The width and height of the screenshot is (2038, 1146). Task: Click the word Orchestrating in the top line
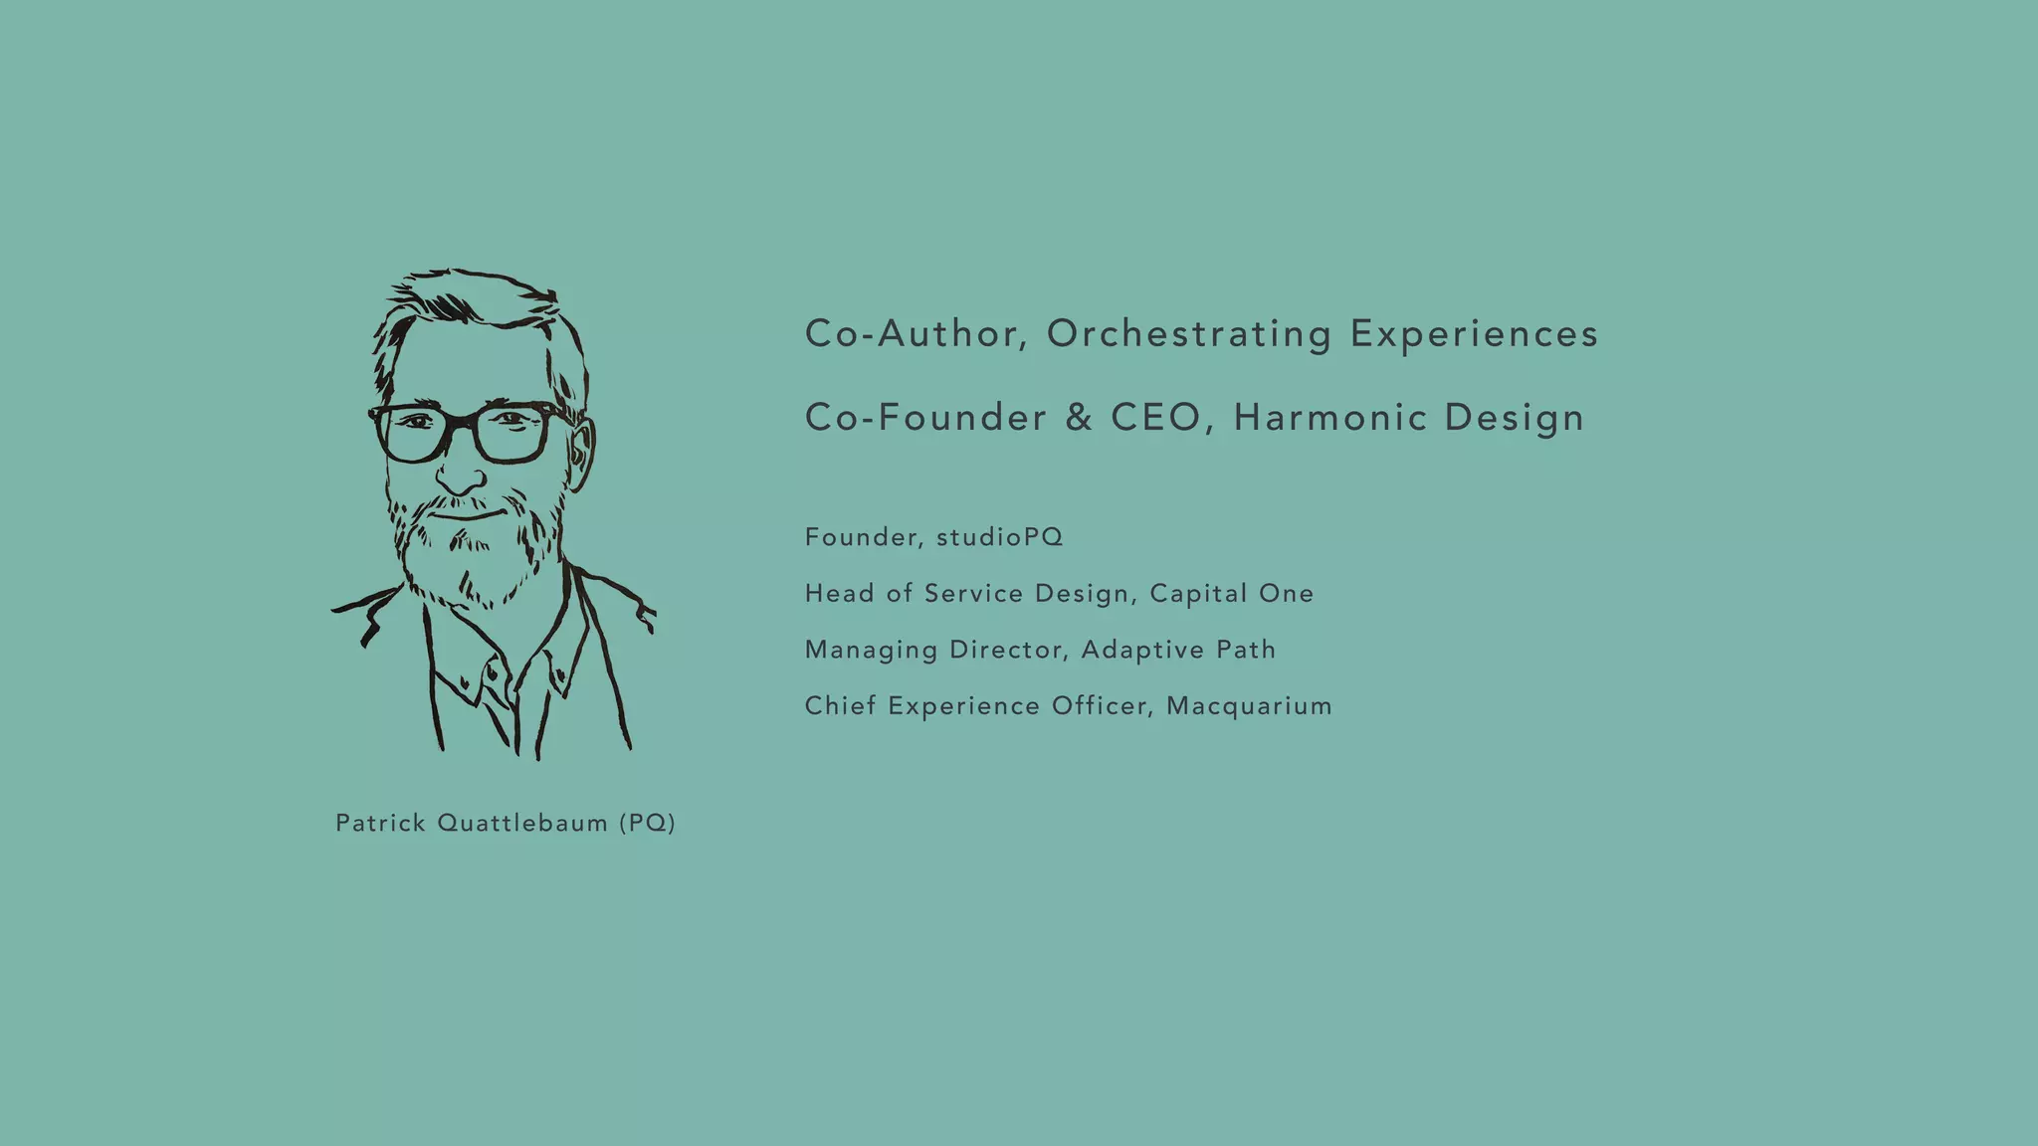coord(1189,334)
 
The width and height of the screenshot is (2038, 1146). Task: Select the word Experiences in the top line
coord(1474,334)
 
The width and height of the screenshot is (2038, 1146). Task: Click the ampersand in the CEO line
coord(1079,418)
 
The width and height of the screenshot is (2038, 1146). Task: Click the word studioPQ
coord(999,538)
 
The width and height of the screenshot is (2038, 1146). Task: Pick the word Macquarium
coord(1249,706)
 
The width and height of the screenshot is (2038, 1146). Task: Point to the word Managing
coord(871,651)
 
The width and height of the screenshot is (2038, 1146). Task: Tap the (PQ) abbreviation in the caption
coord(647,824)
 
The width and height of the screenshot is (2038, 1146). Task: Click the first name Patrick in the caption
coord(380,824)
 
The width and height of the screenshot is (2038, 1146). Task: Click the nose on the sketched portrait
coord(460,476)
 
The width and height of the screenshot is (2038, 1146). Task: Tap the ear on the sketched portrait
coord(581,454)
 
